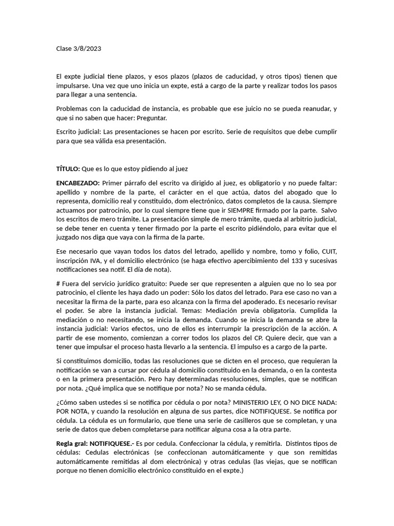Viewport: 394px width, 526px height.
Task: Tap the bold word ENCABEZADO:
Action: pos(78,183)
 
